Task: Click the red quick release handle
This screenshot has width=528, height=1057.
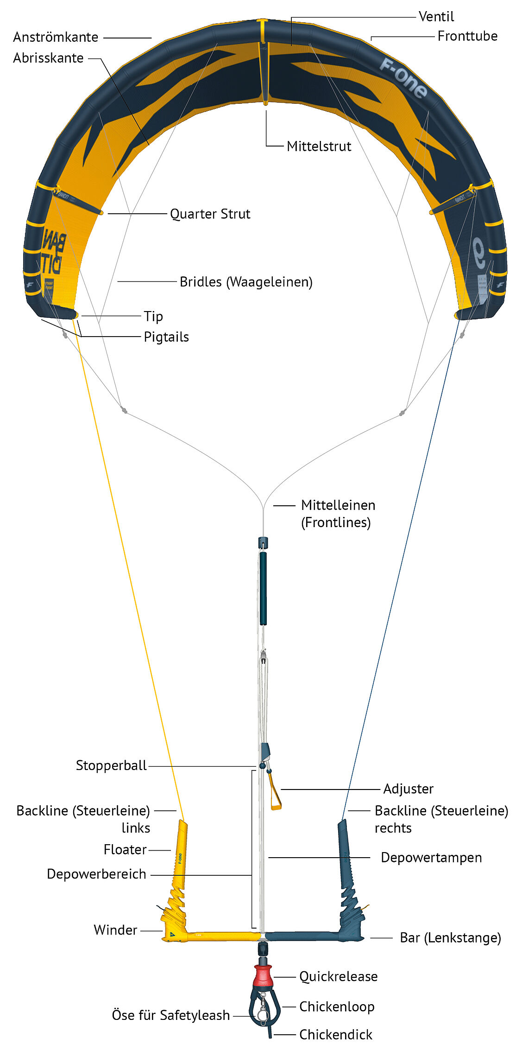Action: pyautogui.click(x=263, y=975)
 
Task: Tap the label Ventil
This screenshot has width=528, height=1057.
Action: pyautogui.click(x=436, y=17)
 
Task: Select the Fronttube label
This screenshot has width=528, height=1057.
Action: pyautogui.click(x=467, y=36)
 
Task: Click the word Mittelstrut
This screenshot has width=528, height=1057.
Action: pyautogui.click(x=319, y=146)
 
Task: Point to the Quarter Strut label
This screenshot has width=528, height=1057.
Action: pyautogui.click(x=210, y=214)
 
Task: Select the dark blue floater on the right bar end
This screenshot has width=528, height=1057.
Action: pyautogui.click(x=345, y=853)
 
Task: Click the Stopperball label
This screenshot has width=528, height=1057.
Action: pyautogui.click(x=111, y=765)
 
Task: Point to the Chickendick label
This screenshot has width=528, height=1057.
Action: pyautogui.click(x=335, y=1034)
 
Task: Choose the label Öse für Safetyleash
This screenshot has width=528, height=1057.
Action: pyautogui.click(x=170, y=1015)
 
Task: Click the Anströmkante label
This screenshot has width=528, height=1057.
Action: pyautogui.click(x=56, y=37)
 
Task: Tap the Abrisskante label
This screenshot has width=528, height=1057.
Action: pyautogui.click(x=48, y=58)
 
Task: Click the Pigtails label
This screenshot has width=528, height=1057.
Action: pyautogui.click(x=166, y=337)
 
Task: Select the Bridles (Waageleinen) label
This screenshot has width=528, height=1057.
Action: pyautogui.click(x=246, y=282)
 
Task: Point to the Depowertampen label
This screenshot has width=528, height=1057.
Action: pyautogui.click(x=431, y=858)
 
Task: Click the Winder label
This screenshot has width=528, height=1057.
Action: pyautogui.click(x=115, y=930)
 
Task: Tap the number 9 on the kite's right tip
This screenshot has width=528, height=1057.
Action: pyautogui.click(x=478, y=253)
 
